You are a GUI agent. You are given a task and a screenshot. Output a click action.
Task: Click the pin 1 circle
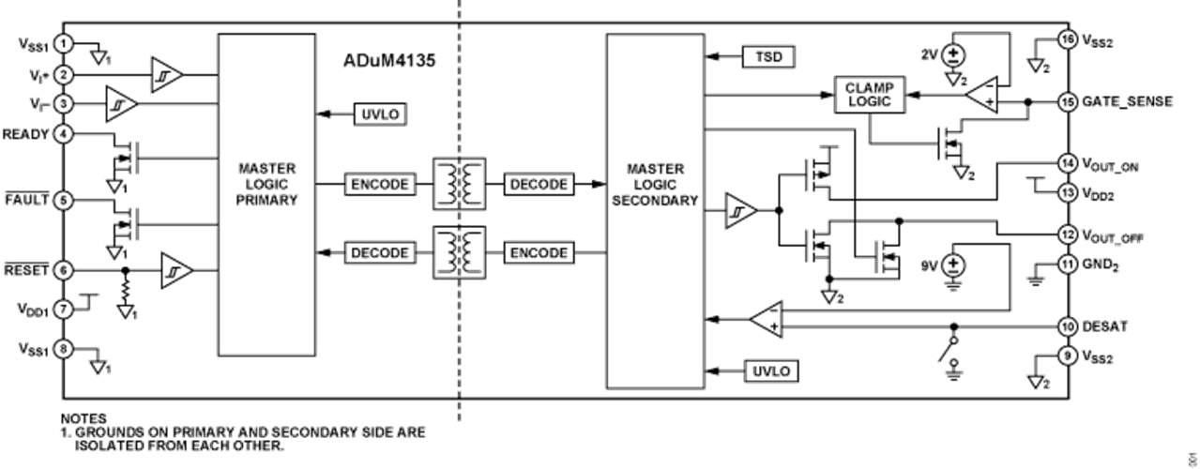(62, 43)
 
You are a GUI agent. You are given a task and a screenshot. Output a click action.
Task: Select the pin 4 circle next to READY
(62, 133)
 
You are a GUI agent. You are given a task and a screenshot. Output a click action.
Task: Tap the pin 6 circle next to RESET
(62, 270)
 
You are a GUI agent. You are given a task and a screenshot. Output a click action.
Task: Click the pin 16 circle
(1067, 39)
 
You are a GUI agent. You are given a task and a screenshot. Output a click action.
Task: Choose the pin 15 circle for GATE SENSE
(1067, 101)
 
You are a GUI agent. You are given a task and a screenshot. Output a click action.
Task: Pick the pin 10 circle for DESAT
(1067, 326)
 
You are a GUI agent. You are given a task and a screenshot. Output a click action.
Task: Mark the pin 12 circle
(1067, 234)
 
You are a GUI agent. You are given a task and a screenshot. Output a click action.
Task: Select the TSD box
(767, 57)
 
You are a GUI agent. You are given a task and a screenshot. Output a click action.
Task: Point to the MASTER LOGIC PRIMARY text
(267, 184)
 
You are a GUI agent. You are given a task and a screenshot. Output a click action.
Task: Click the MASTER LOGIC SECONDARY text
(655, 184)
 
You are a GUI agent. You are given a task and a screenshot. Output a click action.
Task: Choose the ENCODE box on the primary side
(379, 184)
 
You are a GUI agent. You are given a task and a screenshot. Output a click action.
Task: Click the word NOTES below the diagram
(85, 416)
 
